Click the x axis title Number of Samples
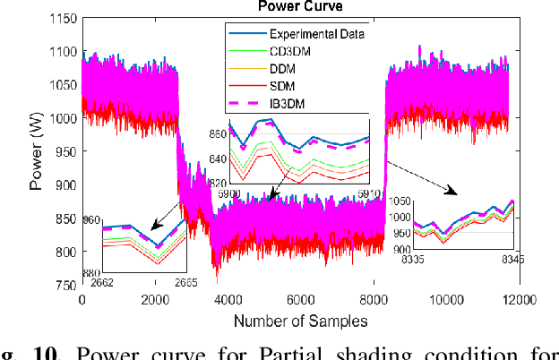[x=297, y=319]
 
